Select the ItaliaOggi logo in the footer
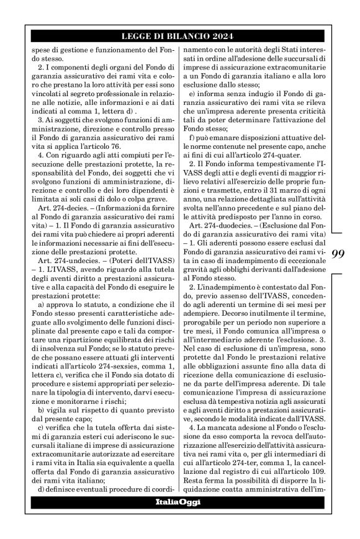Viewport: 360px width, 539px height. pos(178,502)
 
